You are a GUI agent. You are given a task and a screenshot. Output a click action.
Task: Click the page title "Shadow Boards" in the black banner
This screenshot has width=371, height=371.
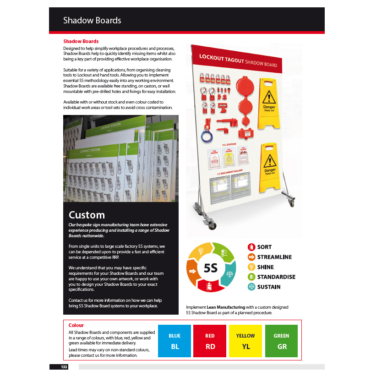[x=92, y=21]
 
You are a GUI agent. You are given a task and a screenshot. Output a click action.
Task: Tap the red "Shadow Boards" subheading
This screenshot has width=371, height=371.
[x=81, y=41]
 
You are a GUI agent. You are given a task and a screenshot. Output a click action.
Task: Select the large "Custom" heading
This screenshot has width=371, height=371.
[x=87, y=215]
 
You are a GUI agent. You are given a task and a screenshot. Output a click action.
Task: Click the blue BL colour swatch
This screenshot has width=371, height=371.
[x=175, y=341]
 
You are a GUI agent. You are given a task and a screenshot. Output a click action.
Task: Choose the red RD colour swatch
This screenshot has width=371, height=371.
[x=210, y=341]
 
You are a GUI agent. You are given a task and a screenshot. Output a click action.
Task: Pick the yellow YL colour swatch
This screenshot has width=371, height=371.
[x=246, y=341]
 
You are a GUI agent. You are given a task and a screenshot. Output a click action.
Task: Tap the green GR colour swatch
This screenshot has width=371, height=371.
[x=281, y=341]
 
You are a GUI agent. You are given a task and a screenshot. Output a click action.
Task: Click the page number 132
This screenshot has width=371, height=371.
[x=64, y=367]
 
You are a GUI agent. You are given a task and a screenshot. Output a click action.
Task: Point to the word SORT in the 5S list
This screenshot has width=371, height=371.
[x=264, y=247]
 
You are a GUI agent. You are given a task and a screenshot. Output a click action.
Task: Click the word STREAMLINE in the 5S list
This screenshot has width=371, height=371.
[x=274, y=257]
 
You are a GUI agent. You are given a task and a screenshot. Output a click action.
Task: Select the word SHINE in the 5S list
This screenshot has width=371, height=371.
[x=266, y=267]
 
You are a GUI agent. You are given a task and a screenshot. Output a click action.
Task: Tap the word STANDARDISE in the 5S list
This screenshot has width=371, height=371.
[x=276, y=277]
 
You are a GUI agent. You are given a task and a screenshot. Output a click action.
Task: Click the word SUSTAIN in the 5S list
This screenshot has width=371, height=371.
[x=269, y=287]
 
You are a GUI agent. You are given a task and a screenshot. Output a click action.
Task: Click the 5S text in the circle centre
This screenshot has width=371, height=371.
[x=211, y=268]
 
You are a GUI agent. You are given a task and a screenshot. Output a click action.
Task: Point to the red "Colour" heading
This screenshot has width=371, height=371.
[x=76, y=326]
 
